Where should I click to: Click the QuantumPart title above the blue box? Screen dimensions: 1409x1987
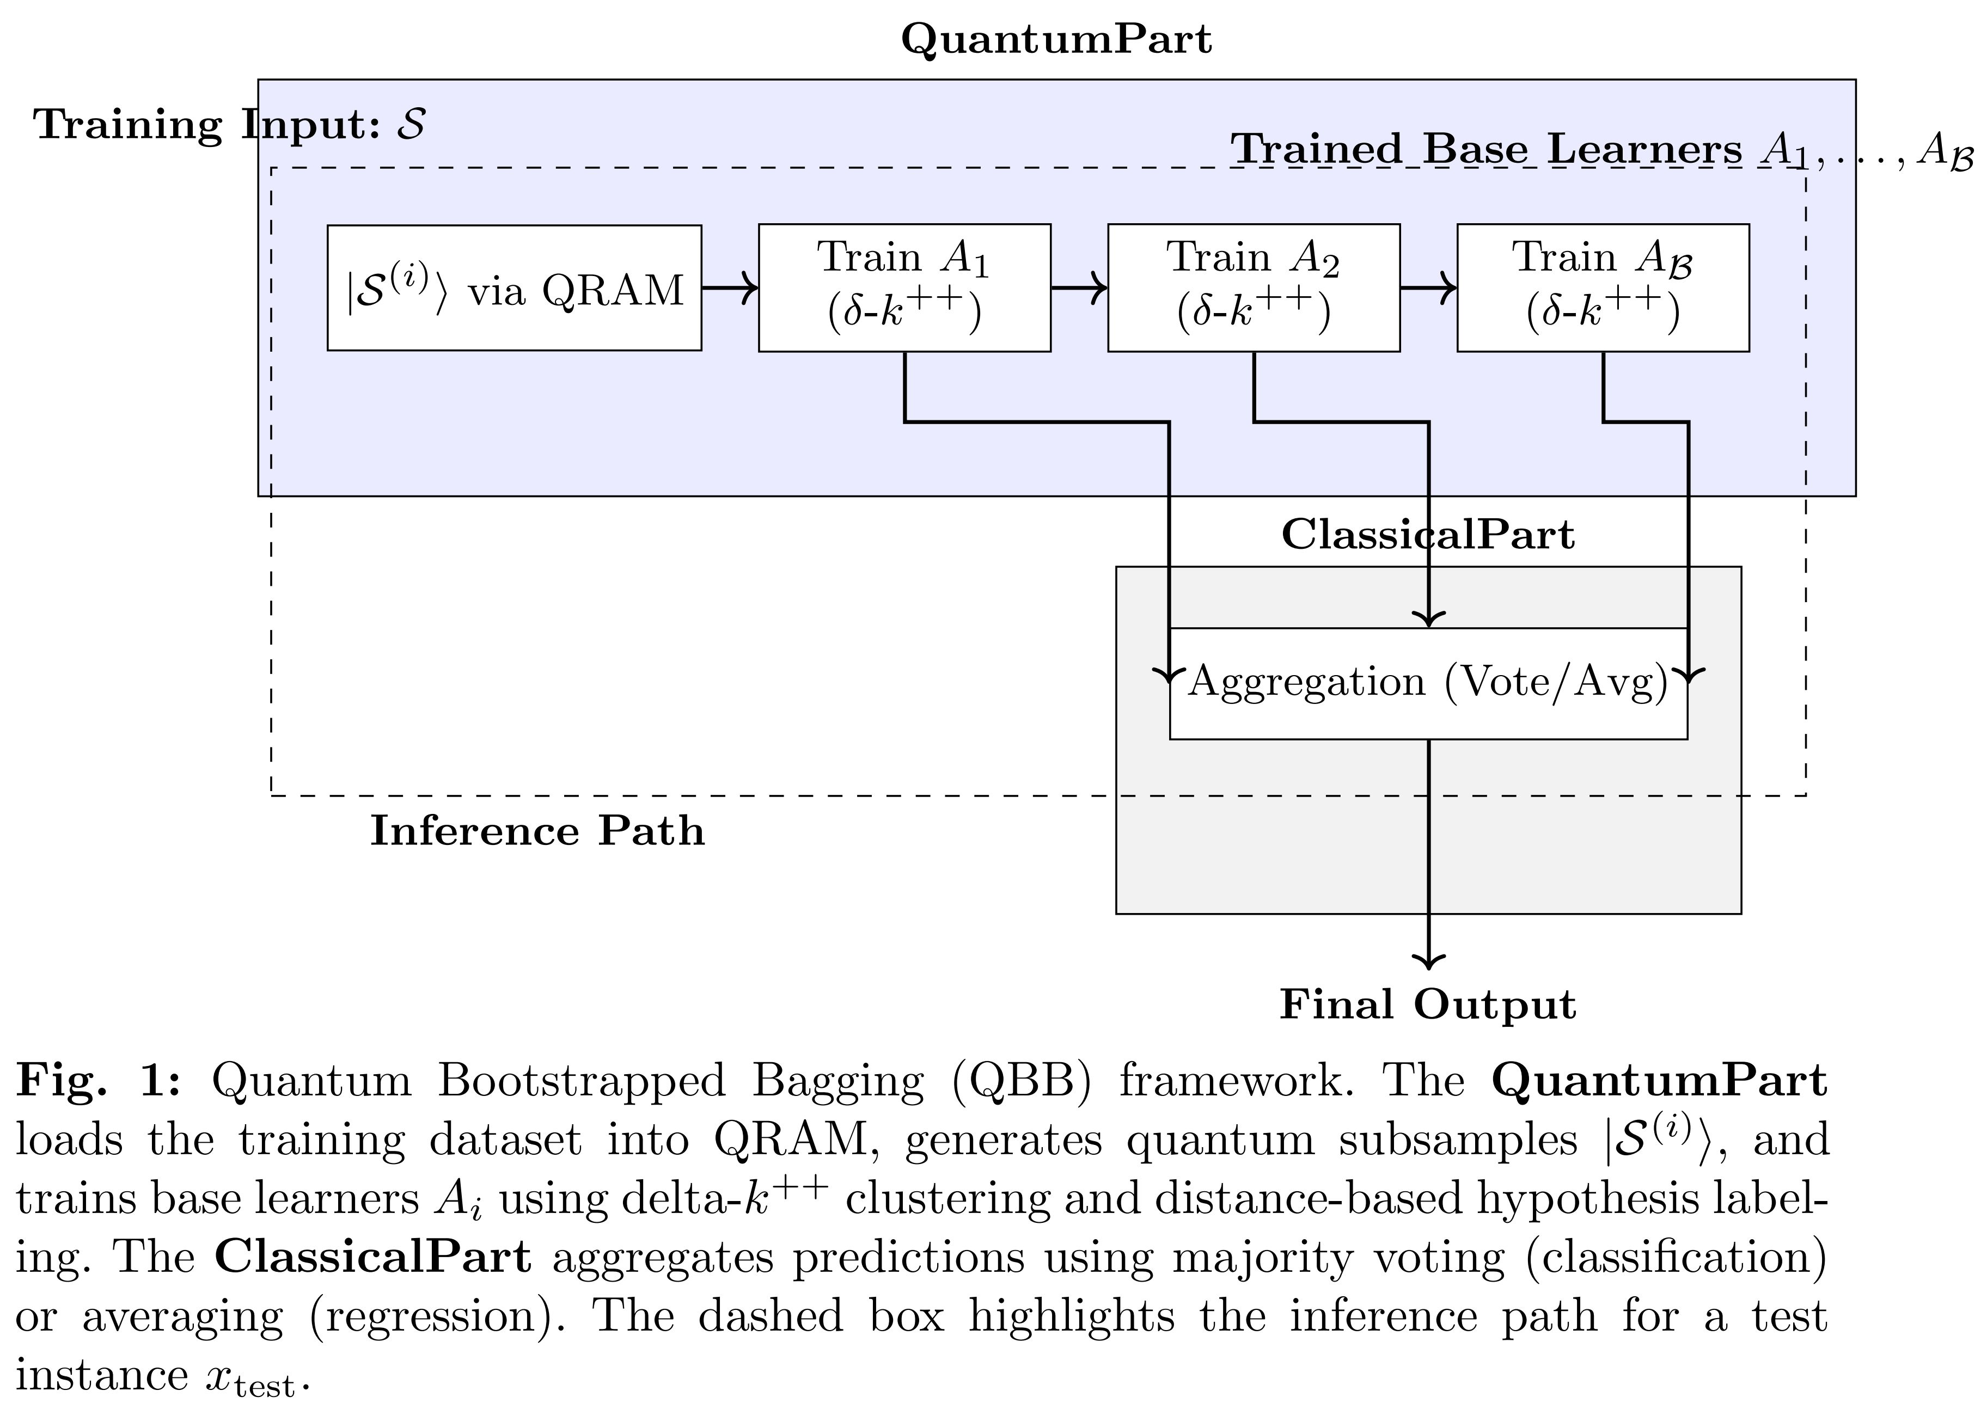pyautogui.click(x=1055, y=40)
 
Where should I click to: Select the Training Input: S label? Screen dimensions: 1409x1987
pyautogui.click(x=229, y=125)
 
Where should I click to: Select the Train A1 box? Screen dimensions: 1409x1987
pyautogui.click(x=904, y=288)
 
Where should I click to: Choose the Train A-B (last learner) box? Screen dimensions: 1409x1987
pyautogui.click(x=1602, y=288)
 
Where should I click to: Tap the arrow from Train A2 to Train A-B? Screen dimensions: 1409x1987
pyautogui.click(x=1428, y=288)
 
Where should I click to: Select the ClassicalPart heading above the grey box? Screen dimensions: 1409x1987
pyautogui.click(x=1427, y=535)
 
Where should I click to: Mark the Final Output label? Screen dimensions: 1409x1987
pyautogui.click(x=1427, y=1004)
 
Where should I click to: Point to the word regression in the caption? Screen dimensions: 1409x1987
pyautogui.click(x=425, y=1316)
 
